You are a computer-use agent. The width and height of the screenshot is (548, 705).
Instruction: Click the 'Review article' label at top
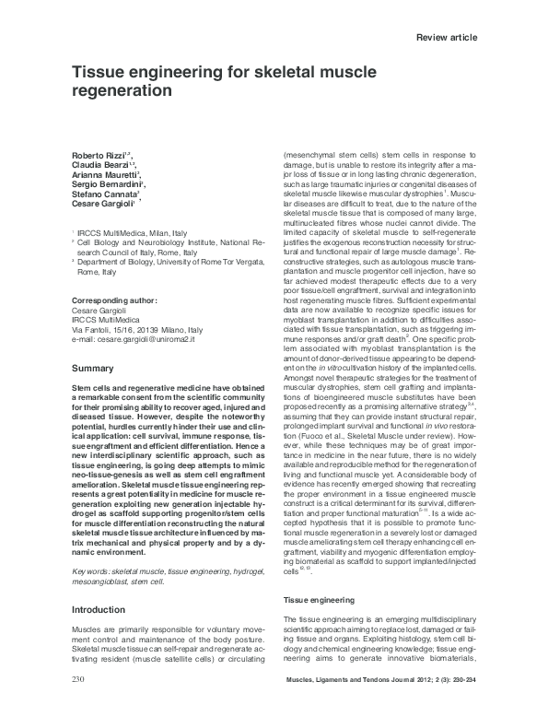[447, 36]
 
